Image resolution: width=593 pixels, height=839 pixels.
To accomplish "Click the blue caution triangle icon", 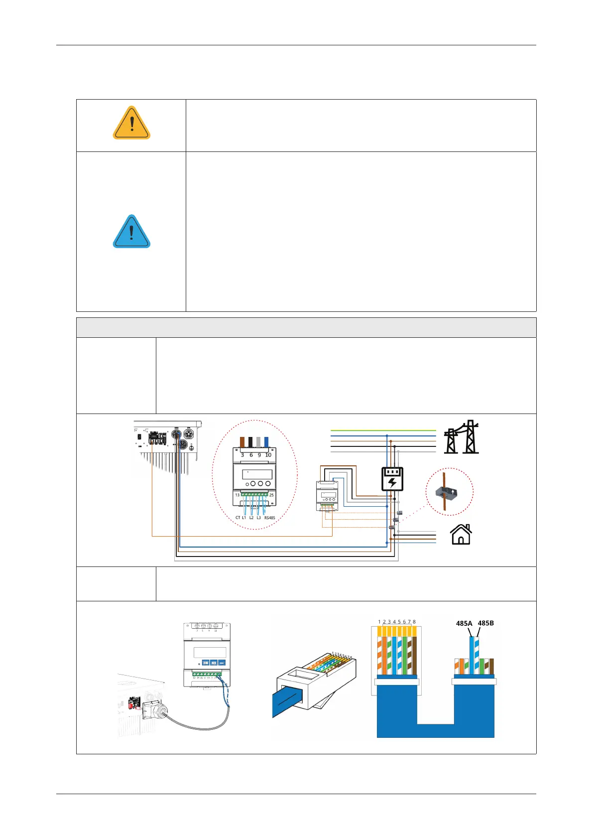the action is (x=131, y=232).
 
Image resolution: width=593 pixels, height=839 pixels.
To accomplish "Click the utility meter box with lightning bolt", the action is (x=392, y=479).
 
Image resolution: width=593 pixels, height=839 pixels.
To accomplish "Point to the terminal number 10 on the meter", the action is (x=268, y=455).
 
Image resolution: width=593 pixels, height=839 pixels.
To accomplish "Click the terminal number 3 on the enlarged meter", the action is (x=242, y=455).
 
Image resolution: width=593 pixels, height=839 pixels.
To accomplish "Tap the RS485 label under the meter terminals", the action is (x=269, y=518).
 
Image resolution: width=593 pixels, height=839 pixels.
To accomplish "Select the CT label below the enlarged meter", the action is (x=237, y=518).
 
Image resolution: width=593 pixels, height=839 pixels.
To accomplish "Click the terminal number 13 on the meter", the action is (x=237, y=495).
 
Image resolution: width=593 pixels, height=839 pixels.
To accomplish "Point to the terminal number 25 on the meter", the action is (x=271, y=495).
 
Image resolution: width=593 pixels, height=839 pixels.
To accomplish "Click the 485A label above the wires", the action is (x=464, y=623).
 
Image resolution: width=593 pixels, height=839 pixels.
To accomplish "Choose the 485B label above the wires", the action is (x=485, y=623).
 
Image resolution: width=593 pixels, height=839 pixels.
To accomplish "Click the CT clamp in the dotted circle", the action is (x=447, y=492).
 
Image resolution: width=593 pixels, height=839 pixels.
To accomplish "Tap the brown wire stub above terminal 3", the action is (x=242, y=442).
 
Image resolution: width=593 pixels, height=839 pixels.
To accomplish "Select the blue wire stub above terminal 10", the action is (x=266, y=442).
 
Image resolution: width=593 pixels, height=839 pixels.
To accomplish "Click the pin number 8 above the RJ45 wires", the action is (x=414, y=622).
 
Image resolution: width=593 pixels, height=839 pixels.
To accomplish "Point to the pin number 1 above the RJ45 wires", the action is (x=379, y=622).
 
